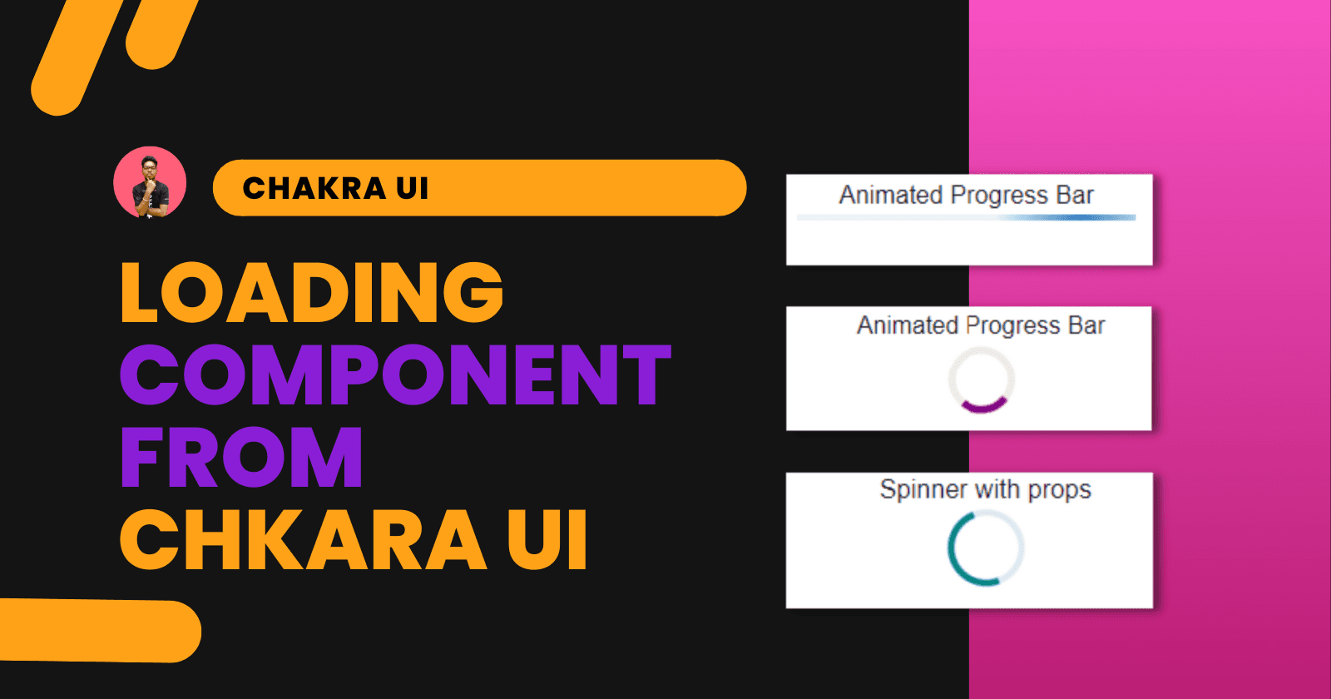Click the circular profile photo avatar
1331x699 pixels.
[x=150, y=183]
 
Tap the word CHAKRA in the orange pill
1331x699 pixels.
[x=314, y=189]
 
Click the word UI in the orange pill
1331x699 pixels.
[x=412, y=189]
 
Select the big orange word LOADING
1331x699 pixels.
[x=312, y=292]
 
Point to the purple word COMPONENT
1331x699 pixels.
[x=395, y=375]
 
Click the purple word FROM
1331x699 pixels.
[x=241, y=457]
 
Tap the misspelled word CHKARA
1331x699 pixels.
[x=304, y=540]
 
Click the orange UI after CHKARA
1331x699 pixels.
[x=547, y=540]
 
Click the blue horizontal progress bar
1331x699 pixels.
[x=966, y=218]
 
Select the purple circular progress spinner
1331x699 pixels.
[x=982, y=380]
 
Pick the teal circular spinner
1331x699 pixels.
[x=985, y=548]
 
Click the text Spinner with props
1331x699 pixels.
[x=985, y=489]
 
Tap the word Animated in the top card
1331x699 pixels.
[x=890, y=196]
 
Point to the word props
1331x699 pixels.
[x=1059, y=491]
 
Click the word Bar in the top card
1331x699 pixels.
[x=1075, y=196]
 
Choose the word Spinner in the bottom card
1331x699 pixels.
[x=923, y=489]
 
